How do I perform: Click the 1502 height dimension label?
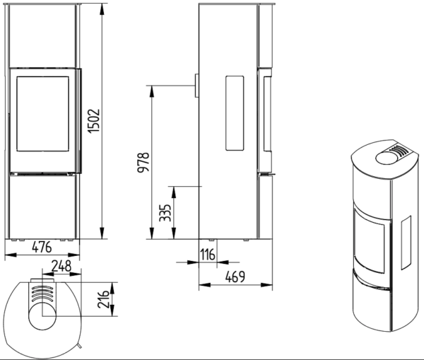pyautogui.click(x=95, y=121)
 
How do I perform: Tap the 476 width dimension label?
pyautogui.click(x=42, y=247)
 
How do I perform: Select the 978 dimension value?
pyautogui.click(x=143, y=162)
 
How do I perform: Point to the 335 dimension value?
pyautogui.click(x=165, y=213)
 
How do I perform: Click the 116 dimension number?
pyautogui.click(x=208, y=255)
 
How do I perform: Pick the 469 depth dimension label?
pyautogui.click(x=235, y=277)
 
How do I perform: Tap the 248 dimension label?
pyautogui.click(x=61, y=266)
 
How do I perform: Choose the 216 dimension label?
pyautogui.click(x=103, y=300)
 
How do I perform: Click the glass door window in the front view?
pyautogui.click(x=42, y=114)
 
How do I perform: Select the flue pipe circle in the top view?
pyautogui.click(x=42, y=316)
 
